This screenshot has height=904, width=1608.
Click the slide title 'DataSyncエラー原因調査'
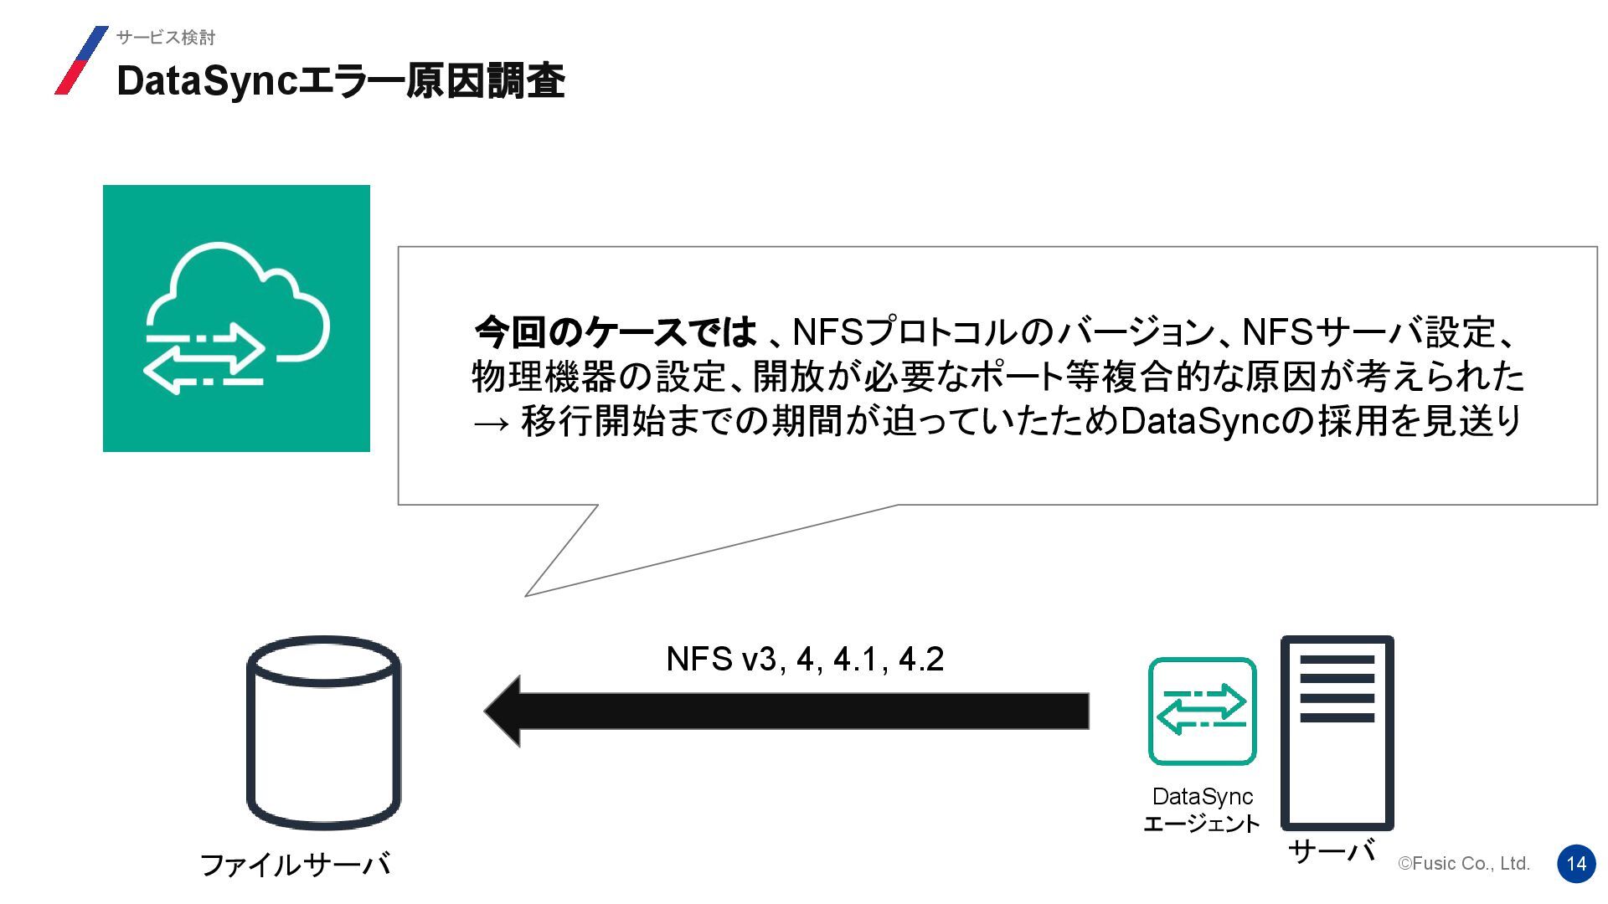340,81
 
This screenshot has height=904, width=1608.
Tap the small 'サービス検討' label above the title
166,38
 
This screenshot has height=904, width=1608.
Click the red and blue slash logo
81,60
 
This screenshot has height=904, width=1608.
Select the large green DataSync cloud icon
236,318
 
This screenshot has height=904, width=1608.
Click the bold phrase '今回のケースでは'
615,332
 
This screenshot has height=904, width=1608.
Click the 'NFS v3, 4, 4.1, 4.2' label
805,660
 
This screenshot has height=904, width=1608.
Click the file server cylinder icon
323,732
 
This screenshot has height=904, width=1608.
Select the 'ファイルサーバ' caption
295,865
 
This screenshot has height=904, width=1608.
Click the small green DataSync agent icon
1202,711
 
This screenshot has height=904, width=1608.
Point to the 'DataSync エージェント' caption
1202,810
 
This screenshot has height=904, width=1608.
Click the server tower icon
1337,732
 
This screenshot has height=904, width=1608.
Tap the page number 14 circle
1576,864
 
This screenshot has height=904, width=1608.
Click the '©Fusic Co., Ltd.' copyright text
1463,864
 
